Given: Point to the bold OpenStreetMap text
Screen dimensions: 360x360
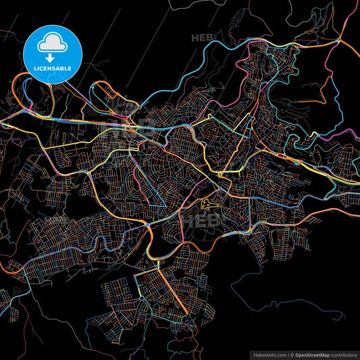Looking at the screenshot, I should tap(314, 354).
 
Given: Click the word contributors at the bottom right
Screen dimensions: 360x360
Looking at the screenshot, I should tap(343, 354).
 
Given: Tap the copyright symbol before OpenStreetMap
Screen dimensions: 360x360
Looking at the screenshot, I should tap(292, 354).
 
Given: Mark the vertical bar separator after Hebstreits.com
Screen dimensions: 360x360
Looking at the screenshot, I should tap(287, 354).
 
